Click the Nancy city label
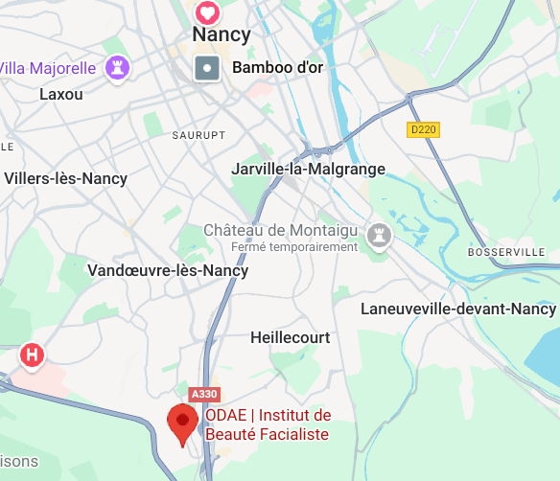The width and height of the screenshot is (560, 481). point(222,35)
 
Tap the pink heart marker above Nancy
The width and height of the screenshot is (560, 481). point(207,12)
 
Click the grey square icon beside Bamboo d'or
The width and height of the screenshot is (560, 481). point(207,69)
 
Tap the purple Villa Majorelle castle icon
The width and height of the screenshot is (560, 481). point(119,67)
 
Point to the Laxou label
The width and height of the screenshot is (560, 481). point(61,94)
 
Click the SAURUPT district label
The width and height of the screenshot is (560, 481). point(198,136)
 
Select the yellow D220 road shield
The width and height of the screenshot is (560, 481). point(423,129)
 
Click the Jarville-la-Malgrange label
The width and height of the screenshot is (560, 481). point(308,169)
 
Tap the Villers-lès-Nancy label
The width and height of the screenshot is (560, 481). point(66,178)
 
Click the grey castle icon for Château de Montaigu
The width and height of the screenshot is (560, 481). point(381,235)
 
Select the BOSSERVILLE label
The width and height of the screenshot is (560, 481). point(505,252)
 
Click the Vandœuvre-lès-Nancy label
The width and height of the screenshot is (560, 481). point(168,270)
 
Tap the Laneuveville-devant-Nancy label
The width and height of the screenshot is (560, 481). point(458,309)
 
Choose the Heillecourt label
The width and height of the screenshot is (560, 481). point(290,337)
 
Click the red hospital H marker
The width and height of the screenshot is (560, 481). point(33,355)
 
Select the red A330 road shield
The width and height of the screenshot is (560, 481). point(203,394)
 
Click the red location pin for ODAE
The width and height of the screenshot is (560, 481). point(182,423)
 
